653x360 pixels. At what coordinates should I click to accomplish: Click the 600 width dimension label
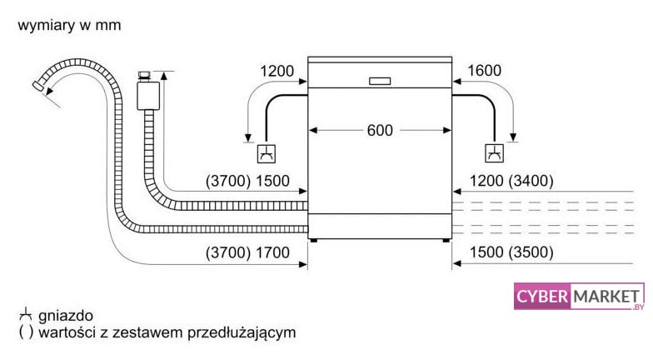coord(380,130)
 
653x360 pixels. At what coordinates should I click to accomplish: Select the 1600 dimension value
coord(485,70)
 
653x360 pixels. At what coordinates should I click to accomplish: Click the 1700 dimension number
coord(272,252)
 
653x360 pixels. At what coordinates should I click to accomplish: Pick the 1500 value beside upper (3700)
coord(272,181)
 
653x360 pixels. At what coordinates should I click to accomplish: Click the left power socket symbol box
coord(267,153)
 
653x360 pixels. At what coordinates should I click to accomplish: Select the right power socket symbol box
coord(495,153)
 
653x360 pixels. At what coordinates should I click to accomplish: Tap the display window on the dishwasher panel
coord(380,81)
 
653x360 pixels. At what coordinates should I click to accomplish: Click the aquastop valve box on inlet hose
coord(148,96)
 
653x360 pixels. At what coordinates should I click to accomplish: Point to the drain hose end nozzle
coord(38,85)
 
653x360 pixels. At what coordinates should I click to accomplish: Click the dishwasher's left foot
coord(313,240)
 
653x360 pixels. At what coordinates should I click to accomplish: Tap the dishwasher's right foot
coord(446,240)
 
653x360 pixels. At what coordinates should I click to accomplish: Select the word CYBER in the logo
coord(541,297)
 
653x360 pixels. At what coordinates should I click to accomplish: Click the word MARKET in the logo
coord(606,297)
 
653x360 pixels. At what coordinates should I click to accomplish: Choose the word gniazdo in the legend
coord(65,316)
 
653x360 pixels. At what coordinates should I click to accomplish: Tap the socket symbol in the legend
coord(25,314)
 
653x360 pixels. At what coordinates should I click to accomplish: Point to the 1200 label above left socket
coord(277,71)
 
